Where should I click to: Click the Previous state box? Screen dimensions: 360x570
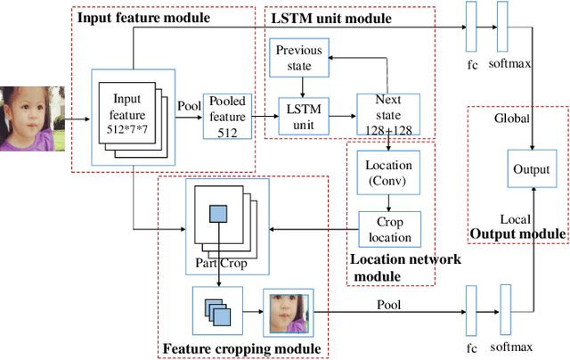click(x=298, y=58)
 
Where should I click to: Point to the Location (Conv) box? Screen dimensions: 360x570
click(x=388, y=172)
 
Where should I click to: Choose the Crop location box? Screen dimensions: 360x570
click(x=388, y=229)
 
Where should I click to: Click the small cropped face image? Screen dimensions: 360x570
click(x=286, y=313)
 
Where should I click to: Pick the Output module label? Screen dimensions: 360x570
click(x=517, y=234)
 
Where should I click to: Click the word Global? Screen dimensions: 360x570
click(x=513, y=118)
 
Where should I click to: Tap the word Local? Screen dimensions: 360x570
click(x=515, y=218)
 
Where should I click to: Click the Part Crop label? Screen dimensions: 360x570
click(x=222, y=263)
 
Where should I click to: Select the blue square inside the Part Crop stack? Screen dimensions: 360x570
click(x=217, y=213)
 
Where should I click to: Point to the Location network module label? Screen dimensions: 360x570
click(x=391, y=266)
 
